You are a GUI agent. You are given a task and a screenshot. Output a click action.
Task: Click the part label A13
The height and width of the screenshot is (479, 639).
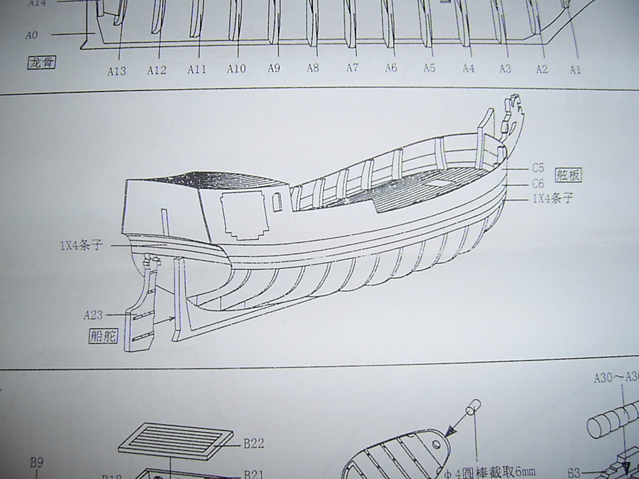(116, 70)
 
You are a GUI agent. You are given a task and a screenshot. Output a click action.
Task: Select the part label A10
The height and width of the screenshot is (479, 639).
(236, 69)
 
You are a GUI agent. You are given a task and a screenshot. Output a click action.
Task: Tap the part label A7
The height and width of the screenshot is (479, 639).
(352, 67)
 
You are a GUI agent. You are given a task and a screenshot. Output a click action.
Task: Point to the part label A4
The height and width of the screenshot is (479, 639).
(469, 69)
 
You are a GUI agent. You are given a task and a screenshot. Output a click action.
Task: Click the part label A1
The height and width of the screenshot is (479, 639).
(575, 70)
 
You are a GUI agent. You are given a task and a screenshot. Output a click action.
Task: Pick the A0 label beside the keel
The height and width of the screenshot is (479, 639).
(32, 36)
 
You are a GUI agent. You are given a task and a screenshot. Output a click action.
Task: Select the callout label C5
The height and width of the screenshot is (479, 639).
(538, 167)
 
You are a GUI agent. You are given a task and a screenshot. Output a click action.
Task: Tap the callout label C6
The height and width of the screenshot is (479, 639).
(538, 183)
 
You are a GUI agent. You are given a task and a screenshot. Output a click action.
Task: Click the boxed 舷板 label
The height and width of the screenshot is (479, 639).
(568, 175)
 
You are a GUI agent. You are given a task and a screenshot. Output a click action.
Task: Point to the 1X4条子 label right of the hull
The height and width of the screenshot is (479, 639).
(552, 199)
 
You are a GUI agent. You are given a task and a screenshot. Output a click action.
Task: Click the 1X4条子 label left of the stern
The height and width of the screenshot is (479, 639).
(80, 245)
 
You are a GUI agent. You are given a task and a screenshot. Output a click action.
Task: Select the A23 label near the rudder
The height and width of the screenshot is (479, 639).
(93, 315)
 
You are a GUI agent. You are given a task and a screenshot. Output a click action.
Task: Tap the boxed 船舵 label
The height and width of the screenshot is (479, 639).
(103, 336)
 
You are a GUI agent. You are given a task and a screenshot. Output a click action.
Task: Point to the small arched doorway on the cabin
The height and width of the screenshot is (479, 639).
(277, 201)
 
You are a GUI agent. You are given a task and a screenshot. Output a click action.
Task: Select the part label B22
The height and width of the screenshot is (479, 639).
(254, 443)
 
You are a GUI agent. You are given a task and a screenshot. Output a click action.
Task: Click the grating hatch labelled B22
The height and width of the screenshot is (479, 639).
(175, 440)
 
